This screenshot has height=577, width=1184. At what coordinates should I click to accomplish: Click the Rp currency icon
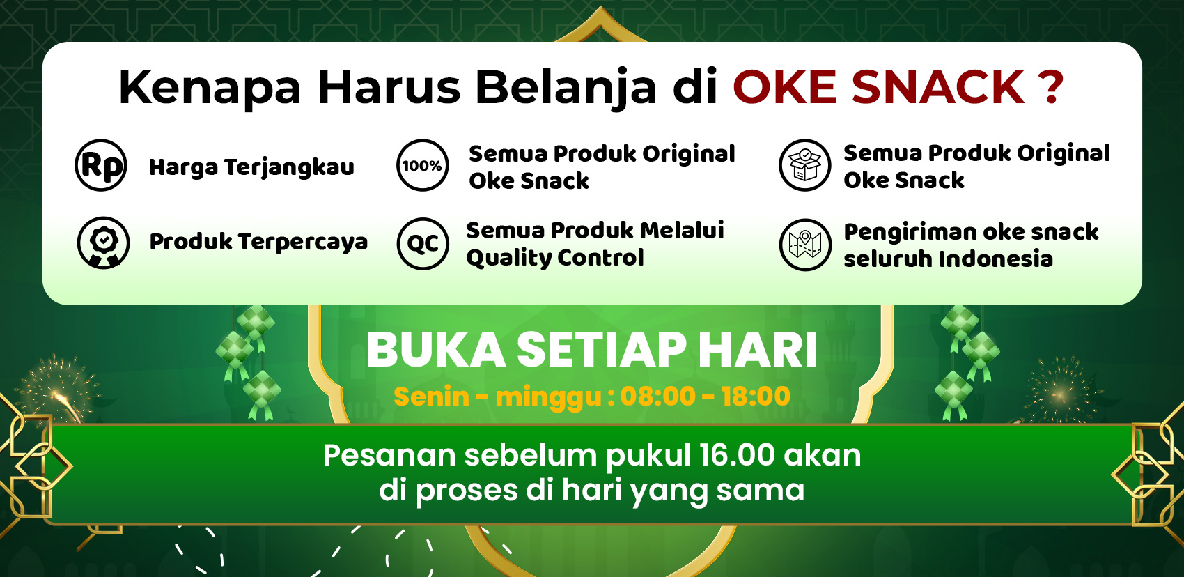click(x=101, y=166)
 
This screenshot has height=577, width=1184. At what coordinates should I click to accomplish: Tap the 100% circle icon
click(x=422, y=166)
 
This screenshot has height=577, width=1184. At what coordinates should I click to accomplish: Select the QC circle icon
click(x=422, y=244)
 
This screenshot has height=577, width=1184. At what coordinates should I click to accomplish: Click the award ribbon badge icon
click(x=103, y=243)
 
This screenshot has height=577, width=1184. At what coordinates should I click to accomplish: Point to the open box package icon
click(x=804, y=166)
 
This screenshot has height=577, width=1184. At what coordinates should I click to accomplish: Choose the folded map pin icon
click(x=804, y=244)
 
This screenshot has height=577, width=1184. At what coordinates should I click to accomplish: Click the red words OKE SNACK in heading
click(x=878, y=88)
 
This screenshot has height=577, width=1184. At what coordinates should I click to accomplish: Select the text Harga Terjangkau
click(x=251, y=168)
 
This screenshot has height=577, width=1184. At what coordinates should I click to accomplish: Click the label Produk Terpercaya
click(x=258, y=242)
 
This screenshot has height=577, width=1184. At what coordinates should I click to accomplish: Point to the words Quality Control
click(x=555, y=258)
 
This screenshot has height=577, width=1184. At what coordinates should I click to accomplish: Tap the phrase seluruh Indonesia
click(x=948, y=259)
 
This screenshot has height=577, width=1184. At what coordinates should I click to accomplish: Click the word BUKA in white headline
click(x=436, y=350)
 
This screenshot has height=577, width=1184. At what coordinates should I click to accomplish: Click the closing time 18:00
click(x=756, y=397)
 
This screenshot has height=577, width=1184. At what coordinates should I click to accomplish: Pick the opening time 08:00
click(x=657, y=397)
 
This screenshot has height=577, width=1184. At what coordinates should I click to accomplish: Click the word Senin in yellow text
click(x=431, y=397)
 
